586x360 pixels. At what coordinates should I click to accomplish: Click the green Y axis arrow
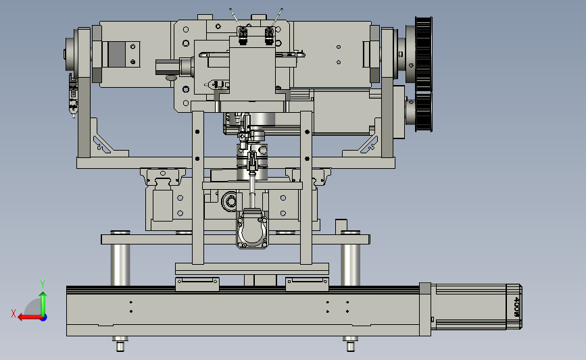click(43, 304)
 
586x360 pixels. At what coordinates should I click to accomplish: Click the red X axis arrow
click(30, 317)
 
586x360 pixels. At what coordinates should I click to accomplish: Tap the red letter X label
click(14, 313)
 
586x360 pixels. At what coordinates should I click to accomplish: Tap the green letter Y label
click(43, 284)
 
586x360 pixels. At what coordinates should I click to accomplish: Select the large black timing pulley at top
click(423, 53)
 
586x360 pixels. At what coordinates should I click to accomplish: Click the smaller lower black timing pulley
click(424, 112)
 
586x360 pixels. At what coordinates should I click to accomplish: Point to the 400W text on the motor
click(517, 307)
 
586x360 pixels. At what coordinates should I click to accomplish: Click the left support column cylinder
click(120, 264)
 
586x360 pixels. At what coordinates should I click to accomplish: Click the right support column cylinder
click(350, 264)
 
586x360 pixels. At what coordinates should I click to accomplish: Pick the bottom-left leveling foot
click(120, 344)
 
